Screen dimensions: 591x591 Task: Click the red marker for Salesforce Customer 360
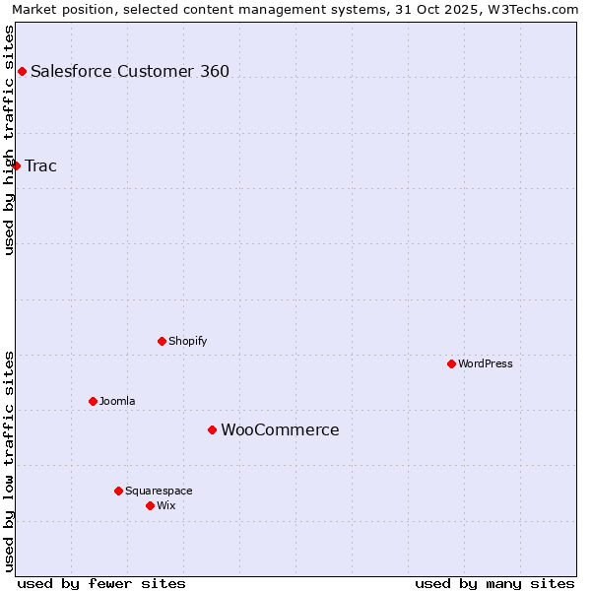22,71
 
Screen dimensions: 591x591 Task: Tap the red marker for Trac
16,165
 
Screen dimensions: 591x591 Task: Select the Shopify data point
162,341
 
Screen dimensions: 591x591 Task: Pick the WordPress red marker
451,363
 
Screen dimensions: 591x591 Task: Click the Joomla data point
93,401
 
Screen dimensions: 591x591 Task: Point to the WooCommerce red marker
212,429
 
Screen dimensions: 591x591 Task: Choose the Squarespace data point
118,491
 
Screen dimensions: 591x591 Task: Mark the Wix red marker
150,505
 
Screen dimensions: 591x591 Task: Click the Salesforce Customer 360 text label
130,71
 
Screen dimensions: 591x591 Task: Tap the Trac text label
41,165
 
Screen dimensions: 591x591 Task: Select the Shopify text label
188,341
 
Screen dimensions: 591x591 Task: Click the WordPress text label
486,363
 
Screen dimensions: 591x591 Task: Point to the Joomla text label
117,401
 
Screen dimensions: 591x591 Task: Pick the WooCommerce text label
280,429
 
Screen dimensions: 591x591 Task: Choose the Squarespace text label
159,491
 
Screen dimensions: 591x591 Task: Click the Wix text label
166,505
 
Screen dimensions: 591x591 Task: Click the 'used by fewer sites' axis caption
101,583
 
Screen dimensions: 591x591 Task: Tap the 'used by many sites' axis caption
494,583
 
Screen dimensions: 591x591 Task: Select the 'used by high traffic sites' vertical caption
9,140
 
